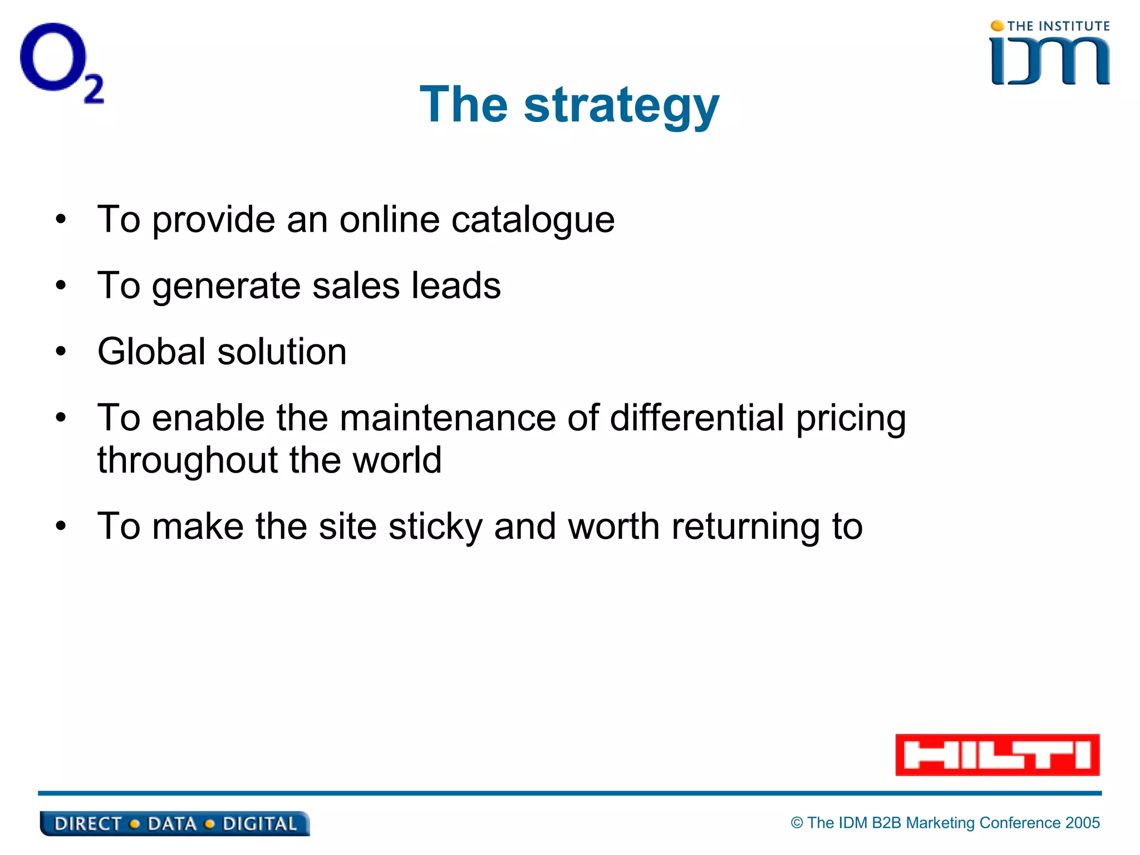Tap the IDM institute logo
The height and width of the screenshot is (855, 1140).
pos(1050,54)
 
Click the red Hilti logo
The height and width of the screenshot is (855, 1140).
pos(997,755)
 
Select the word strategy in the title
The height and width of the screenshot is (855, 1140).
pos(621,106)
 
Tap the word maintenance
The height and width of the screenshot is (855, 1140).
pos(448,418)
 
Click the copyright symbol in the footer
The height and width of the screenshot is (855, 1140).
pos(797,823)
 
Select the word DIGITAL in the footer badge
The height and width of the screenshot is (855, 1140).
pos(259,824)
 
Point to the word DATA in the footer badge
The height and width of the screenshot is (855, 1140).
pos(171,824)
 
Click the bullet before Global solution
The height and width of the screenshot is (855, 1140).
pos(61,352)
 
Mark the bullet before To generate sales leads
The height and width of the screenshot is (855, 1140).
pos(61,286)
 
